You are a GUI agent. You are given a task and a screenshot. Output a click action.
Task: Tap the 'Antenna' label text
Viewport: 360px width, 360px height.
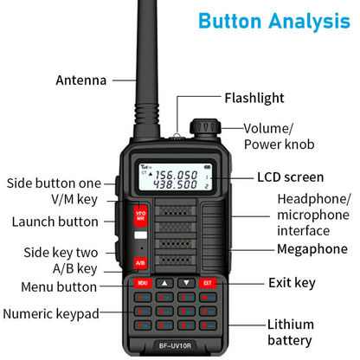pyautogui.click(x=80, y=80)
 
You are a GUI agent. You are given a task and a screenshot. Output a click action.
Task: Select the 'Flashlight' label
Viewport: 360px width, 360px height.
pyautogui.click(x=254, y=99)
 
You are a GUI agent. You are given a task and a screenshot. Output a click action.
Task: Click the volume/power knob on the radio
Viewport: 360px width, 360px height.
pyautogui.click(x=203, y=127)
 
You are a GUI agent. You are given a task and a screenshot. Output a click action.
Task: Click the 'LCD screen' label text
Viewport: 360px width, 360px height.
pyautogui.click(x=290, y=178)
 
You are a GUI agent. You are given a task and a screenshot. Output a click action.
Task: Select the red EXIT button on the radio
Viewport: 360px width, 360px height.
pyautogui.click(x=207, y=282)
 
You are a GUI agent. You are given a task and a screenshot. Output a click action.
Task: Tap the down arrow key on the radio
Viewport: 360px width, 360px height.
pyautogui.click(x=185, y=282)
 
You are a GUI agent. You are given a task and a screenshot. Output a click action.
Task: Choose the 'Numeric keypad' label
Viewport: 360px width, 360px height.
pyautogui.click(x=51, y=313)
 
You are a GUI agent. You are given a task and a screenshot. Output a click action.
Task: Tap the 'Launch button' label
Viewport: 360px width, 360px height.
pyautogui.click(x=55, y=222)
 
